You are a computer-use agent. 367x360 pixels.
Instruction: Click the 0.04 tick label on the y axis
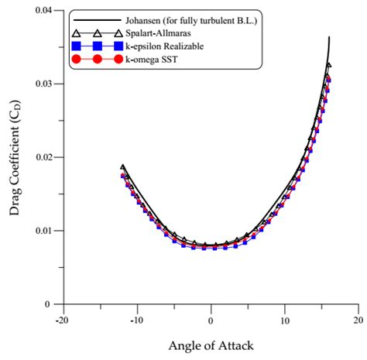pos(47,11)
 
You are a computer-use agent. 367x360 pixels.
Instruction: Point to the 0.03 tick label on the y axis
pos(47,84)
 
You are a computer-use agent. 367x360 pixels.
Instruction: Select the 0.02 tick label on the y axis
pos(47,157)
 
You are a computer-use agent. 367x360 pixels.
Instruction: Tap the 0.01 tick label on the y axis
pos(47,231)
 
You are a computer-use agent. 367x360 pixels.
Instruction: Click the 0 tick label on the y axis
pos(54,304)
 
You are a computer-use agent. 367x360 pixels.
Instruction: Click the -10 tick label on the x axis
pos(136,319)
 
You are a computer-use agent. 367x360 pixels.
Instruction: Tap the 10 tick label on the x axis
pos(285,319)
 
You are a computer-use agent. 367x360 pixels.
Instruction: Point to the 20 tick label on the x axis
pos(358,319)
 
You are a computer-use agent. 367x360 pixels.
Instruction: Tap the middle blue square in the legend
pos(97,46)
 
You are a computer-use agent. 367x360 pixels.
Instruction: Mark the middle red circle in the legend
pos(97,59)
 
